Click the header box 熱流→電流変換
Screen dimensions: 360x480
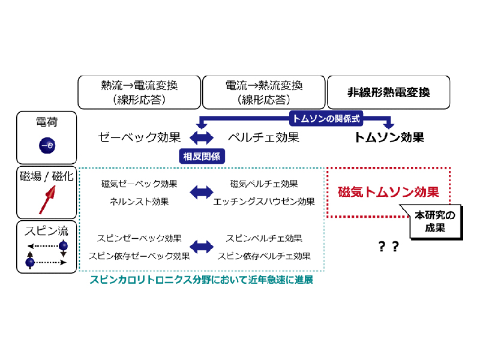[x=139, y=92]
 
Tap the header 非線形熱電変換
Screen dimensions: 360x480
[x=388, y=92]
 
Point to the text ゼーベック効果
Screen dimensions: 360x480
[x=139, y=137]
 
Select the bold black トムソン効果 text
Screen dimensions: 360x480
[x=389, y=137]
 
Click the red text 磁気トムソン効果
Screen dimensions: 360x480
[x=388, y=193]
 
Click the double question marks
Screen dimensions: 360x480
[x=388, y=246]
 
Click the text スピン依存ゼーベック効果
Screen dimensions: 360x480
[x=139, y=256]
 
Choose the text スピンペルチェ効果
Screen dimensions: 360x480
[x=264, y=238]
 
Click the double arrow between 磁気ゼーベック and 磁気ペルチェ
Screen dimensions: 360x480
[x=202, y=192]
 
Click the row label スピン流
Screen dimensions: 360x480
[x=47, y=230]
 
